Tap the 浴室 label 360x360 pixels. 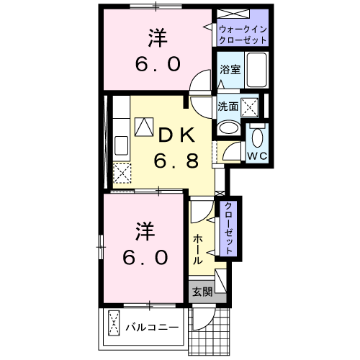point(230,71)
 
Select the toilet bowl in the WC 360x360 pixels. point(258,137)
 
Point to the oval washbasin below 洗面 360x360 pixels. point(228,128)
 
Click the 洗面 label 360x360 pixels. point(228,106)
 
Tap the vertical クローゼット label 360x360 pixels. point(228,229)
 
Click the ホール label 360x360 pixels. point(197,248)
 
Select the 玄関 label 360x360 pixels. point(202,292)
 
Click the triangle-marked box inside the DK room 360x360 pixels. point(144,127)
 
